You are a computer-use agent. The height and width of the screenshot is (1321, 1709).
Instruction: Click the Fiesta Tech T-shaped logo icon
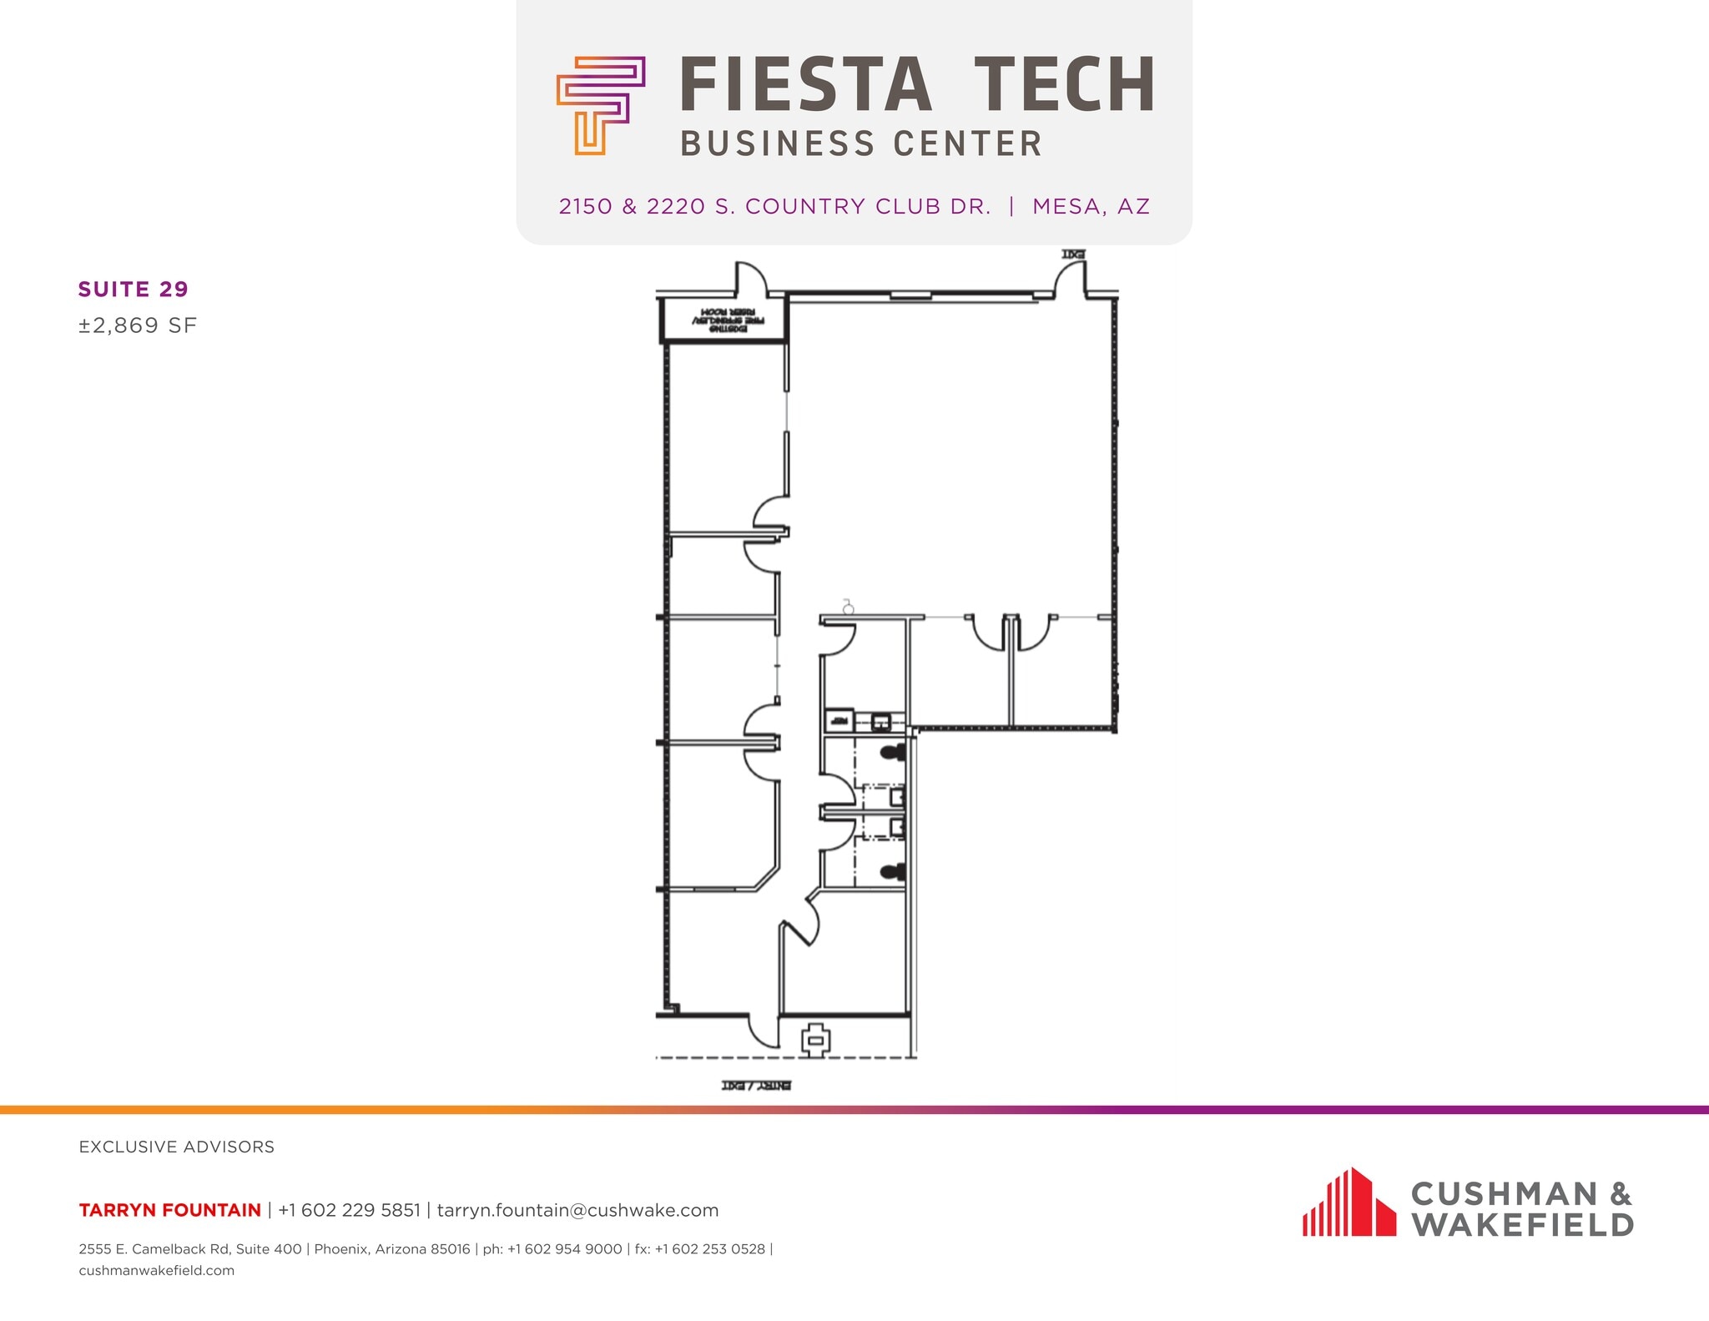click(600, 105)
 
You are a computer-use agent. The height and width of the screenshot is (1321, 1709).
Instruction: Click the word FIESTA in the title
click(805, 85)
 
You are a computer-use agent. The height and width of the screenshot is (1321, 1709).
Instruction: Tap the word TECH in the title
click(1065, 85)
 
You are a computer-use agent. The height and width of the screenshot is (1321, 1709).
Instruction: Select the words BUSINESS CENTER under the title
click(861, 144)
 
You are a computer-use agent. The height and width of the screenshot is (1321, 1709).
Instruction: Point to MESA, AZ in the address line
click(1091, 206)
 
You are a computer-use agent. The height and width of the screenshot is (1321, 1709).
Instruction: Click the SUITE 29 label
click(134, 290)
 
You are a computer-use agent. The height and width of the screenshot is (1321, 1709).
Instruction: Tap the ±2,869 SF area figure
click(138, 325)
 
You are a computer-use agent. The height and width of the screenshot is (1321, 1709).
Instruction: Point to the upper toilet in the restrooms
click(894, 752)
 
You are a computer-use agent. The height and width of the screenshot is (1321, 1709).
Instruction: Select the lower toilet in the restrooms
click(894, 873)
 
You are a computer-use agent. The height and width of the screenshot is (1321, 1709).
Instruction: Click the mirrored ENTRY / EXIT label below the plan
click(756, 1086)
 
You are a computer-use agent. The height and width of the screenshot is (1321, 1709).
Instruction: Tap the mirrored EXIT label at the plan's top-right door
click(1073, 254)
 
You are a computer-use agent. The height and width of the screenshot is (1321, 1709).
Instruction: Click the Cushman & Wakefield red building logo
click(1349, 1203)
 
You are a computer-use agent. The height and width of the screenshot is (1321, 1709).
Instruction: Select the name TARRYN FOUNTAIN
click(169, 1210)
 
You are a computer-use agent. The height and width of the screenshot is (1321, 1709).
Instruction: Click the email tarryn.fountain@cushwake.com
click(577, 1210)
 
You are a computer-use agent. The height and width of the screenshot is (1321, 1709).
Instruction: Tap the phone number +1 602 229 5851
click(349, 1210)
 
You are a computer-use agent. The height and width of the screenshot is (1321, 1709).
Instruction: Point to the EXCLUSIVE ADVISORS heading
click(176, 1147)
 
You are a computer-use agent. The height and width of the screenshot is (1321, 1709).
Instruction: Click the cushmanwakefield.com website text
click(157, 1271)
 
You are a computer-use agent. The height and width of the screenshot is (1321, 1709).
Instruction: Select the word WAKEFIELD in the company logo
click(1522, 1225)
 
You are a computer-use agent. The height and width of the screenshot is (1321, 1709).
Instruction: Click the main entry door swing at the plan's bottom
click(764, 1032)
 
